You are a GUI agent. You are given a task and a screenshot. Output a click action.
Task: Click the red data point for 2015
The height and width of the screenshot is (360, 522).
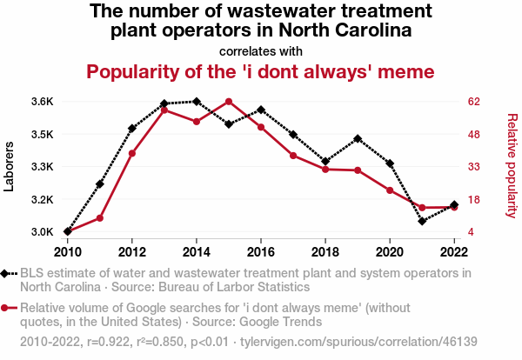pos(229,102)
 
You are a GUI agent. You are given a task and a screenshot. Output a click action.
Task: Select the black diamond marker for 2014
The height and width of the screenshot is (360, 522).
pos(197,102)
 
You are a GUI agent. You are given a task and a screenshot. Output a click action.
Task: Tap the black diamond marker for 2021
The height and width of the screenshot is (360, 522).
pos(422,221)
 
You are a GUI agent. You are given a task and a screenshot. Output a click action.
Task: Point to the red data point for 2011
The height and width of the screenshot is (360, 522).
pos(100,217)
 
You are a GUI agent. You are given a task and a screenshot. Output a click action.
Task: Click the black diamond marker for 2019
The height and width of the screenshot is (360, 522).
pos(358,139)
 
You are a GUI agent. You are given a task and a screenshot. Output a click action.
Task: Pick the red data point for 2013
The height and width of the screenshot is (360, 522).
pos(164,110)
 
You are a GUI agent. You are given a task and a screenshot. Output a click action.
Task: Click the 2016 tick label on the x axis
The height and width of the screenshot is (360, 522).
pos(261,251)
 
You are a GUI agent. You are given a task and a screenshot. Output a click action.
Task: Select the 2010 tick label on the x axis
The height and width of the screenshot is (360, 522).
pos(68,251)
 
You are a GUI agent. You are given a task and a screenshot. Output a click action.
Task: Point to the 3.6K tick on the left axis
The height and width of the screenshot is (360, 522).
pos(41,102)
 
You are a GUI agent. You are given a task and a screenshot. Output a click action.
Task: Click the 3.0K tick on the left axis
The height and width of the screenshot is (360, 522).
pos(41,232)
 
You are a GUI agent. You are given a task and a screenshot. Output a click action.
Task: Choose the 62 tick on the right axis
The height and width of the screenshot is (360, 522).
pos(474,102)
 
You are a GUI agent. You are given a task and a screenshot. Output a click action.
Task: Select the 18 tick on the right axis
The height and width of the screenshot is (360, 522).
pos(474,200)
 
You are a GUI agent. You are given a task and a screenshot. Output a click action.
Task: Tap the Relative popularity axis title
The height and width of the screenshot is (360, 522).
pos(512,165)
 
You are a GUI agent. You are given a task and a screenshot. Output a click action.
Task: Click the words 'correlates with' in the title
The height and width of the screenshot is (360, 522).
pos(261,51)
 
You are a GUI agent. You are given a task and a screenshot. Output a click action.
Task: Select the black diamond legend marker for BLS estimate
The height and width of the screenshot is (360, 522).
pos(7,273)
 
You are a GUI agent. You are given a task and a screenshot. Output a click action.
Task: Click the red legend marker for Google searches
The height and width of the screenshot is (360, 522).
pos(7,307)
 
